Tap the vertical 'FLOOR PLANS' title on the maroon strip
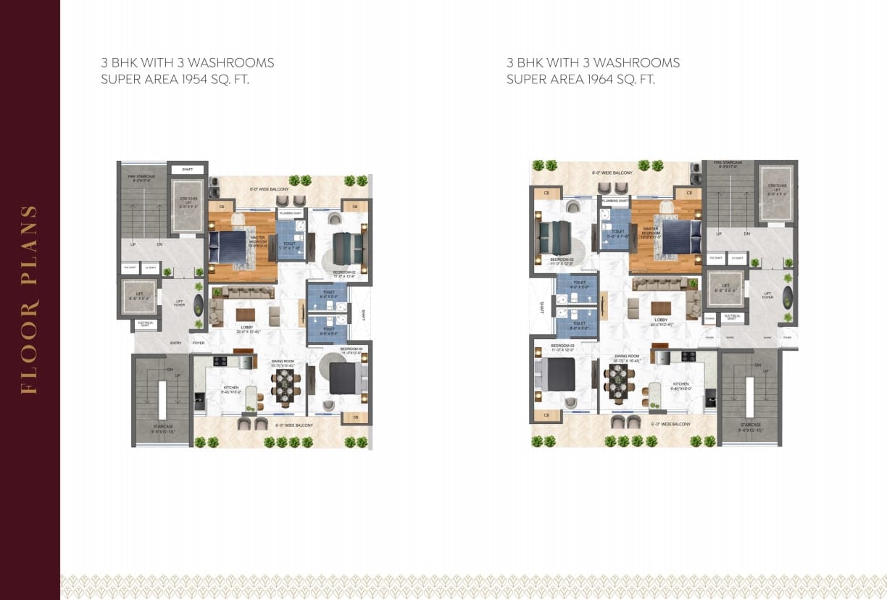[x=29, y=300]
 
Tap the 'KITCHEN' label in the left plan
[x=231, y=388]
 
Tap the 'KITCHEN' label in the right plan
[x=680, y=384]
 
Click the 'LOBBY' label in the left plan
[x=247, y=328]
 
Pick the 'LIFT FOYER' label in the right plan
[x=767, y=295]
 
